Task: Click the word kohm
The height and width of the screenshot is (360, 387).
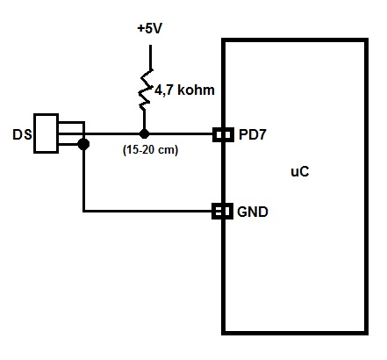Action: click(196, 90)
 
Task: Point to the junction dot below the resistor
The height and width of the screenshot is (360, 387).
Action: click(143, 134)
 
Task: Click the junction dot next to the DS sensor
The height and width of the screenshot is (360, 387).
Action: click(83, 144)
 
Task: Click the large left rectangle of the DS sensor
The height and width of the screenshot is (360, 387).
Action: click(46, 134)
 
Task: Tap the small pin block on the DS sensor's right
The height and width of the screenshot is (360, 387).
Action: click(71, 134)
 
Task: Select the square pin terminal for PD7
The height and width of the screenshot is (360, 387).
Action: click(221, 134)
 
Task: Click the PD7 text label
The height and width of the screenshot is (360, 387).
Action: click(253, 135)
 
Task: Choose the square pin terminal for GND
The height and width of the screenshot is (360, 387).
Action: click(221, 211)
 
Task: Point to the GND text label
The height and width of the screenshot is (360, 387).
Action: click(254, 212)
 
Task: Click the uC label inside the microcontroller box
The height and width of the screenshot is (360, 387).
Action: click(299, 172)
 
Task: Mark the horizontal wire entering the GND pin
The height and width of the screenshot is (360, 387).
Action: click(149, 211)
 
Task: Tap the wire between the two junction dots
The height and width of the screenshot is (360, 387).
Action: click(114, 134)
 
